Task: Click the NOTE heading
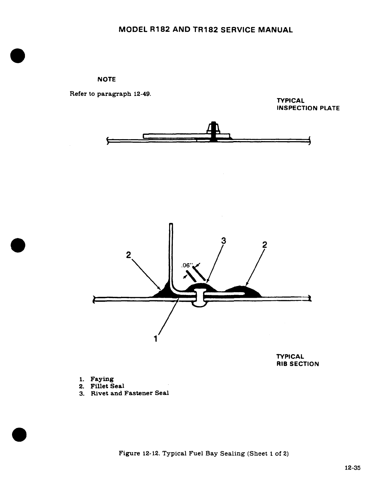click(106, 79)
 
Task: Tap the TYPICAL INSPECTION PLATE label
click(308, 104)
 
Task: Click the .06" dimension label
click(187, 265)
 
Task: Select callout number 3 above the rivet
click(224, 241)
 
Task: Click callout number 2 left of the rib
click(128, 255)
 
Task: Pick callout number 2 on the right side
click(264, 245)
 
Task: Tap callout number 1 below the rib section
click(156, 339)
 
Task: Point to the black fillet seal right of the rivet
click(243, 291)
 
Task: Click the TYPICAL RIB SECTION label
click(297, 360)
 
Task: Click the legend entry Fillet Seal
click(107, 386)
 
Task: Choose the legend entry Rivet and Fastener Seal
click(130, 393)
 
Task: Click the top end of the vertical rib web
click(171, 224)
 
